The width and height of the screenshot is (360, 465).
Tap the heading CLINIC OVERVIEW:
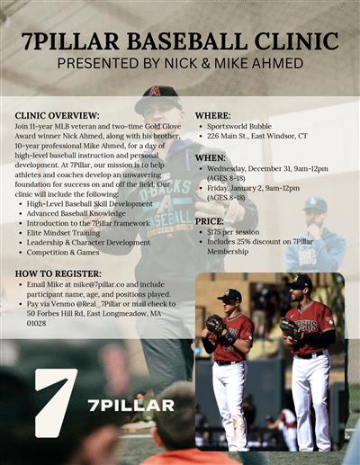coord(56,116)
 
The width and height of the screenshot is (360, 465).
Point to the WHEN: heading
coord(211,156)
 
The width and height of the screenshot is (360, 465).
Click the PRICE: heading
coord(210,220)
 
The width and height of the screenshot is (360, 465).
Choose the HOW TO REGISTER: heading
coord(58,273)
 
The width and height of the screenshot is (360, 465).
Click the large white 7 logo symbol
coord(55,402)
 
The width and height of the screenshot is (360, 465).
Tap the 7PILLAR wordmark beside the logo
coord(130,406)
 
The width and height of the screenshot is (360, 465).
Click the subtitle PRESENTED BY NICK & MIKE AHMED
coord(180,64)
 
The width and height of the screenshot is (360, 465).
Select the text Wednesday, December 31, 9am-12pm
coord(267,167)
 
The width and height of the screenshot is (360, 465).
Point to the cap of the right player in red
coord(300,282)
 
